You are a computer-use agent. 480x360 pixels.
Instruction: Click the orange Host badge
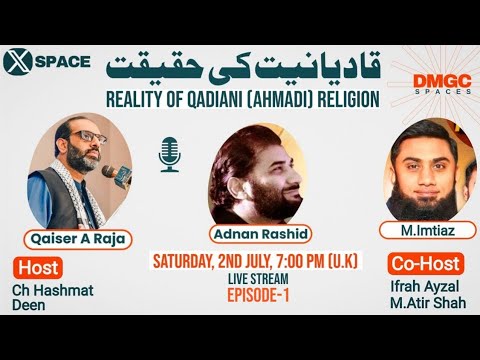coord(39,268)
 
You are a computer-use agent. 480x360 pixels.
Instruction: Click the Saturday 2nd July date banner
coord(256,261)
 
